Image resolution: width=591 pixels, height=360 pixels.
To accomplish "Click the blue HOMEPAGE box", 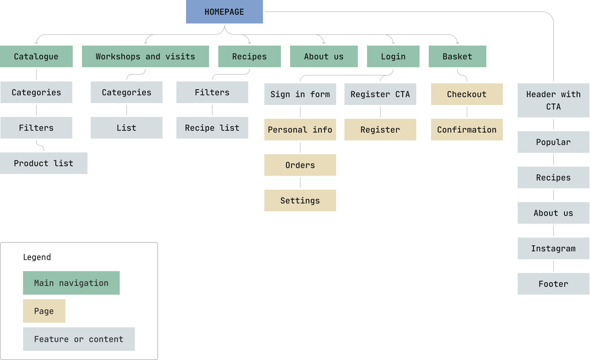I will click(224, 12).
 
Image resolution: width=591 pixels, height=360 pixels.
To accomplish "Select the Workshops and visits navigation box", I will click(145, 56).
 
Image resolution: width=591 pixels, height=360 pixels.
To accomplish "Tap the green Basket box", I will click(457, 56).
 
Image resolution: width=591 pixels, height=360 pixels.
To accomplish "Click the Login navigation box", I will click(393, 56).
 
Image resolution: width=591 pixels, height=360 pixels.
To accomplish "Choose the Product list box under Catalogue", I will click(44, 163).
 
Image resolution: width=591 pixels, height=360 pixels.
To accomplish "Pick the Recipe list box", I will click(212, 128).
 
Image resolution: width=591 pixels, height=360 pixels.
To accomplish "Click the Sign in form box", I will click(300, 94).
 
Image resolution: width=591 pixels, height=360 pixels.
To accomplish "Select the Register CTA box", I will click(380, 94).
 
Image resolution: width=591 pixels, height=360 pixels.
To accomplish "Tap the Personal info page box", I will click(300, 130).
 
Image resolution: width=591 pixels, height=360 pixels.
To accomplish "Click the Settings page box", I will click(300, 200).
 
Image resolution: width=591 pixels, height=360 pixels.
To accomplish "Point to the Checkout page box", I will click(467, 94).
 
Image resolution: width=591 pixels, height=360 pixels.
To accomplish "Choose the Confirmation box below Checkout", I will click(467, 130).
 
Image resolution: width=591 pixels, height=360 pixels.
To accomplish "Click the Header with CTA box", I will click(553, 100).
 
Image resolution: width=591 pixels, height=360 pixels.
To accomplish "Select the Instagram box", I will click(553, 248).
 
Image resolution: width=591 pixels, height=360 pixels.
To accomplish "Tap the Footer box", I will click(553, 284).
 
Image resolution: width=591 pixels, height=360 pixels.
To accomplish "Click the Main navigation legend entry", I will click(71, 283).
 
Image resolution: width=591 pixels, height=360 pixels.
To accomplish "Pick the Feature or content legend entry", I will click(79, 339).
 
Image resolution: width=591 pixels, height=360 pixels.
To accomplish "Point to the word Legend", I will click(37, 257).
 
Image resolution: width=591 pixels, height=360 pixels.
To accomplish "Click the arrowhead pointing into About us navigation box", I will click(324, 43).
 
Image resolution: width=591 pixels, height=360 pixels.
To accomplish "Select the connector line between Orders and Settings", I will click(300, 183).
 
